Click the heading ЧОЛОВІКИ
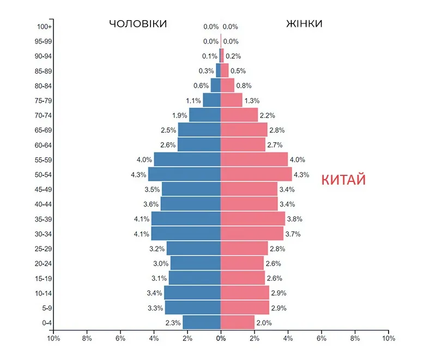coord(138,24)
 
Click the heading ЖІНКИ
coord(304,24)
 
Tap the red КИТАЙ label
coord(343,180)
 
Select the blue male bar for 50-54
coord(184,174)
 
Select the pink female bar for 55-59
coord(254,160)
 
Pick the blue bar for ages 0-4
coord(202,322)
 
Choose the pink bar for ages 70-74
coord(239,115)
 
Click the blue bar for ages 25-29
coord(193,248)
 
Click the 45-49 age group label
coord(44,189)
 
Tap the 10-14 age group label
coord(44,293)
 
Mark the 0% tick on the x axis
coord(221,338)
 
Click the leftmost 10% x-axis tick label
coord(53,338)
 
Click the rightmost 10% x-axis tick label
coord(388,338)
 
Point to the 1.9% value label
coord(179,115)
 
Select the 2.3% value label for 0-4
coord(173,323)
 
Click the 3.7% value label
coord(292,234)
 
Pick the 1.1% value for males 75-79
coord(193,101)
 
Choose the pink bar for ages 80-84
coord(227,86)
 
